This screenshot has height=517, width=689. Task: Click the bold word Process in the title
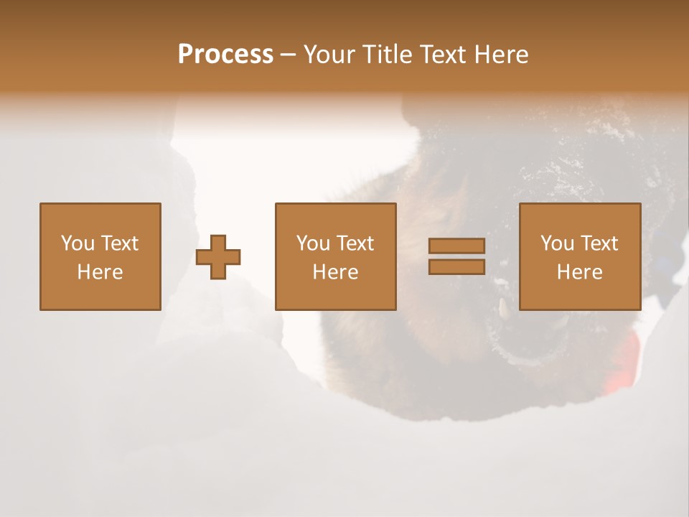[225, 55]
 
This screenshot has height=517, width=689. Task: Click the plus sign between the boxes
[218, 256]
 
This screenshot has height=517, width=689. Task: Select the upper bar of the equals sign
[456, 246]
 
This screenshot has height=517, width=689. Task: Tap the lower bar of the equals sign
[456, 266]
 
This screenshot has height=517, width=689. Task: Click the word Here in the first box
[100, 272]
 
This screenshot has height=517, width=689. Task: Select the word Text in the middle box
[356, 243]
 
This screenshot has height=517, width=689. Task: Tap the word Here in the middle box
[336, 272]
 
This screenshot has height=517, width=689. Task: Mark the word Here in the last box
[580, 272]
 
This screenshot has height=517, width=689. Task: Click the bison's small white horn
[503, 309]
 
